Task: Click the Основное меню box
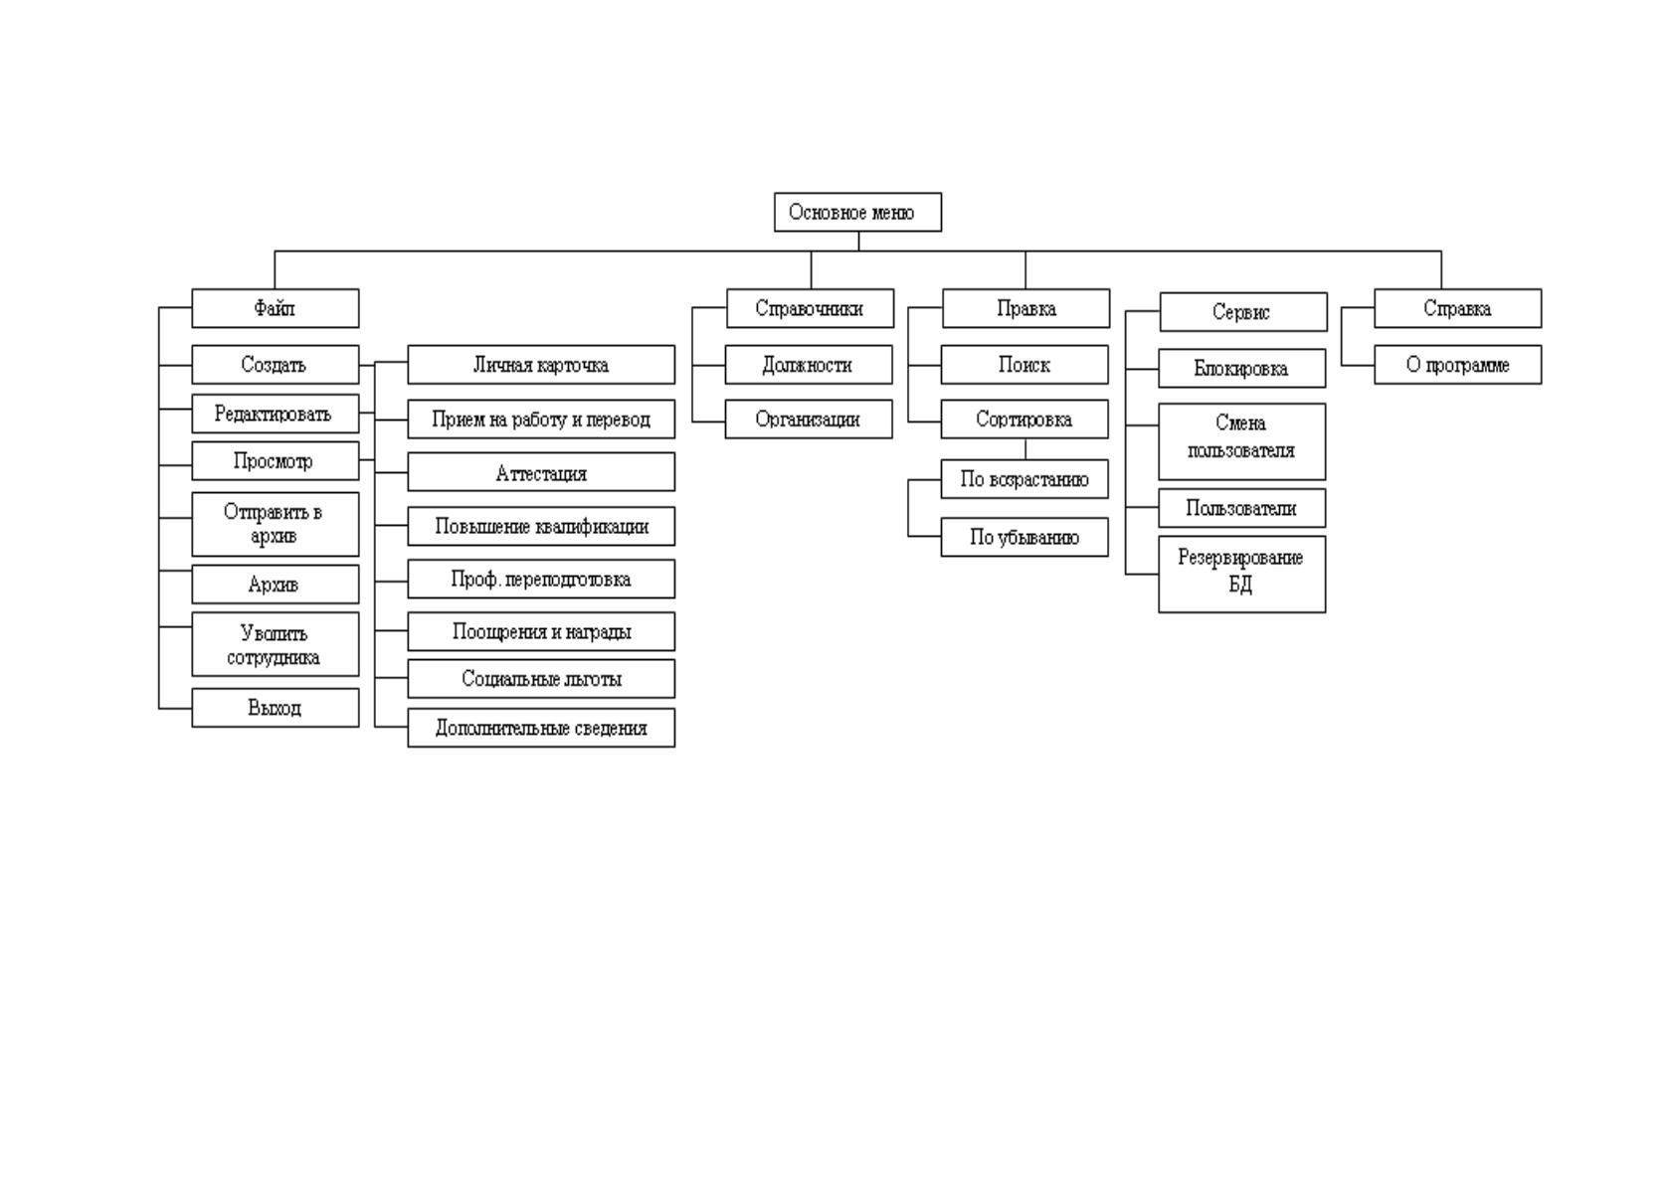point(857,213)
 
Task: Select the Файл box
point(276,308)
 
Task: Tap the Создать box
point(276,365)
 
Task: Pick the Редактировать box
point(276,414)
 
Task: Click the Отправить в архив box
point(276,524)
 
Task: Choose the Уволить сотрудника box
point(276,644)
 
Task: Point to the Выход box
point(276,707)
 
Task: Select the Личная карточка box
point(541,365)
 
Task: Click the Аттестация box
point(541,471)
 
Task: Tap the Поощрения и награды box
point(541,631)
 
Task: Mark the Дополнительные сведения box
point(541,728)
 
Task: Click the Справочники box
point(810,308)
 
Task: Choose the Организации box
point(809,420)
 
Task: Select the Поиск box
point(1024,365)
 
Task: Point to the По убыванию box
point(1024,538)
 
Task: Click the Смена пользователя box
point(1242,441)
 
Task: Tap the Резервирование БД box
point(1242,574)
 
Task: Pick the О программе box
point(1458,365)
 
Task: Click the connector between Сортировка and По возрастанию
point(1025,449)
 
